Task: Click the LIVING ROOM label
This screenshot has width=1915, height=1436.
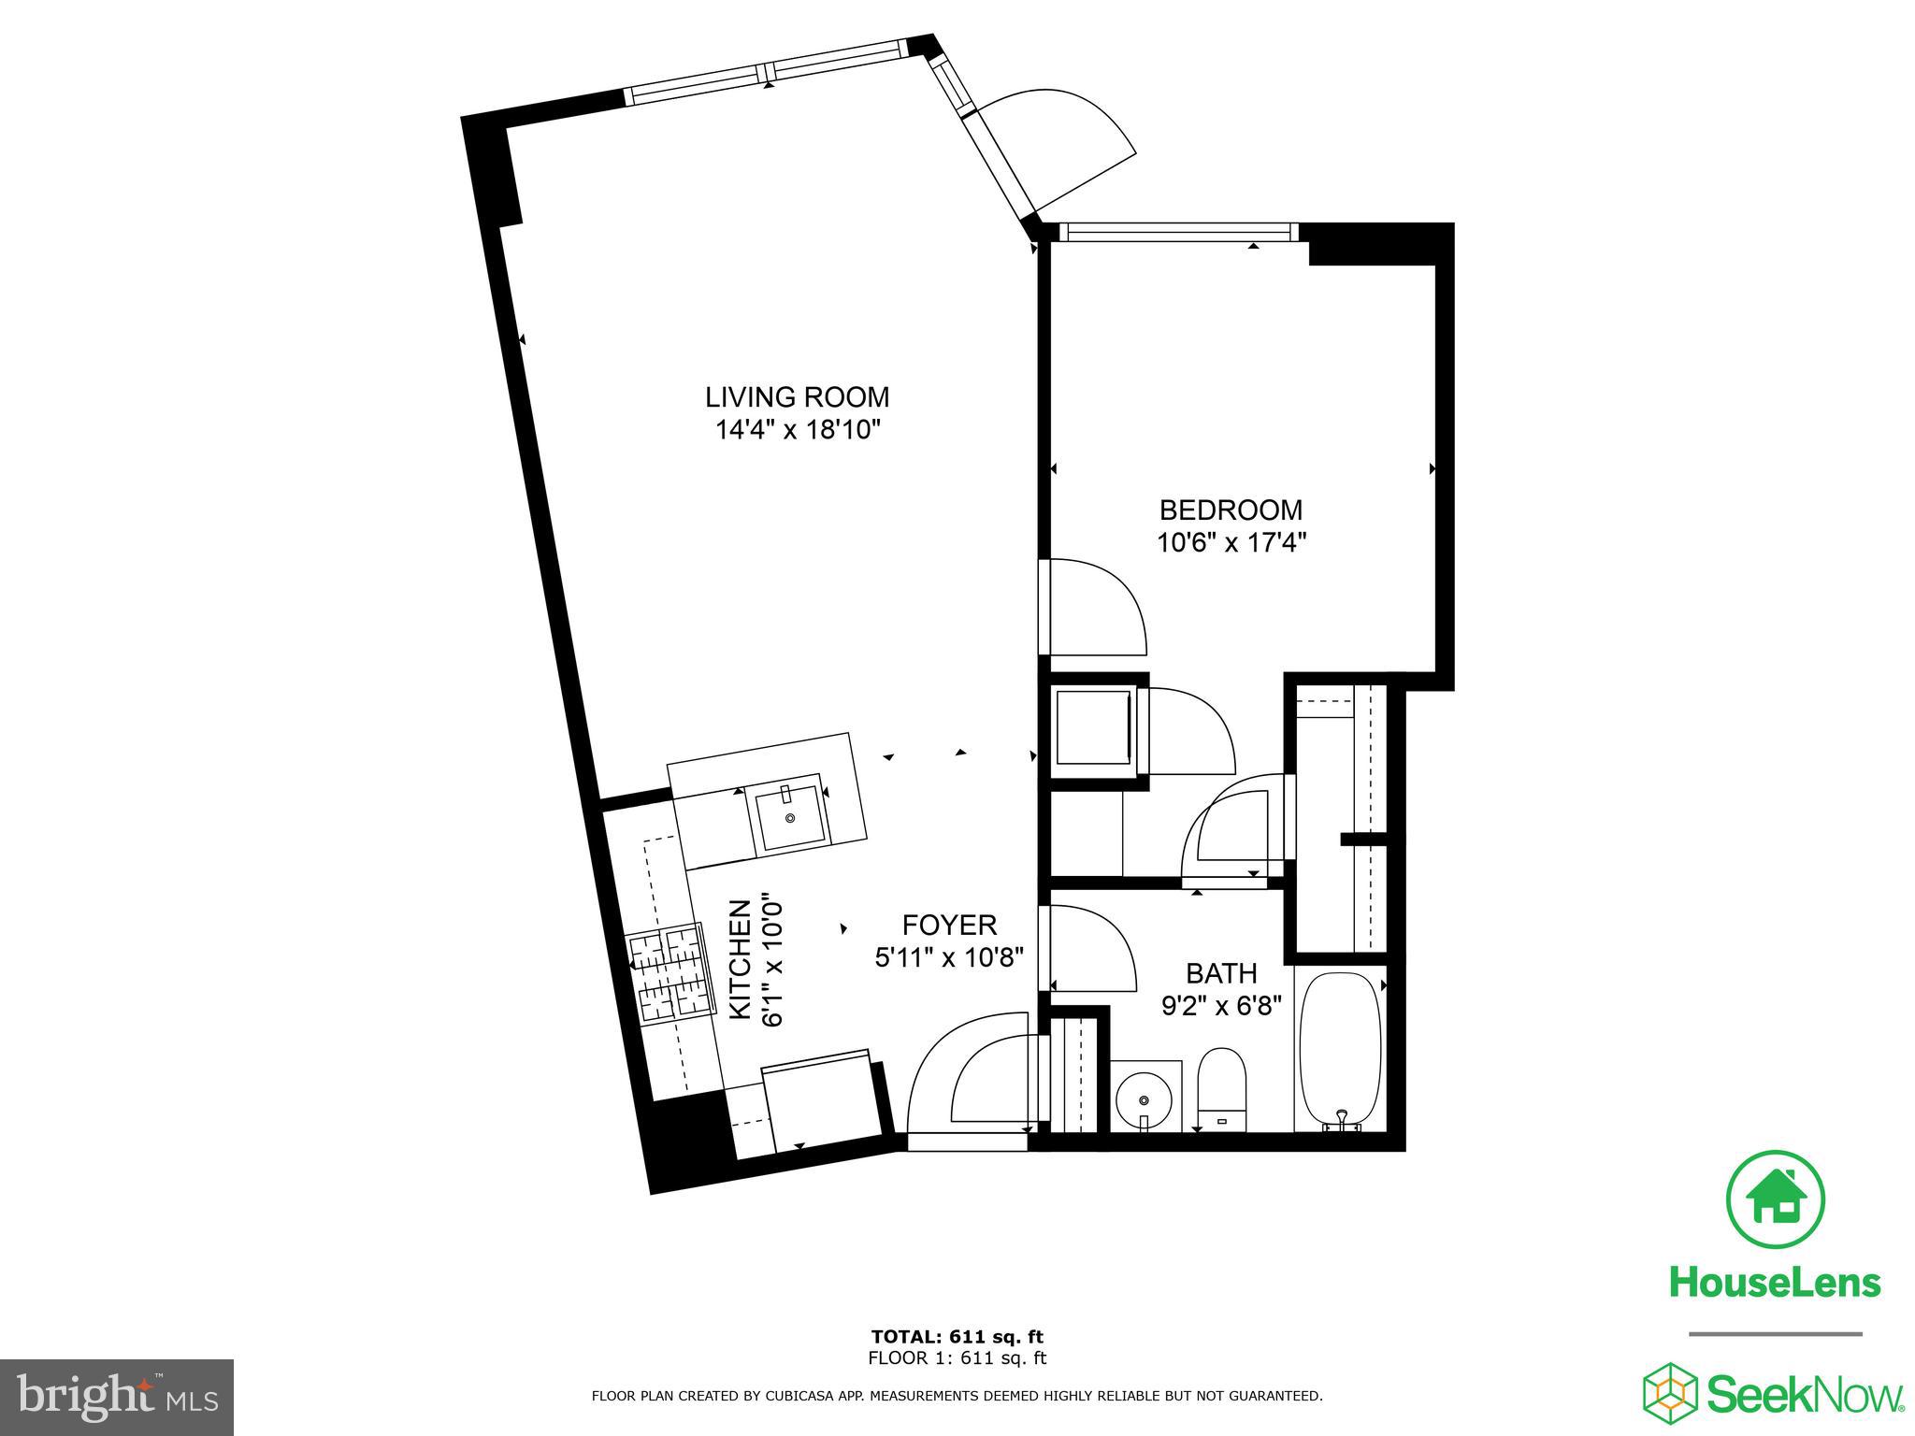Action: coord(797,397)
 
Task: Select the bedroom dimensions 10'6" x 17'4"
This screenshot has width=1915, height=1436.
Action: coord(1231,542)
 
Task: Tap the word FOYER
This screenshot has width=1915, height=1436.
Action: coord(949,926)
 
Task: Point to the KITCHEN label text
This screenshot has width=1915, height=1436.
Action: coord(740,959)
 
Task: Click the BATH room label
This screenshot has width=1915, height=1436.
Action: coord(1221,973)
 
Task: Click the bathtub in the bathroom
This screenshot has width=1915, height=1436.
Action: coord(1339,1053)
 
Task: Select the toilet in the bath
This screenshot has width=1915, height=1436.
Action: coord(1222,1089)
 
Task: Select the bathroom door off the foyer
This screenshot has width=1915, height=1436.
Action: coord(1089,949)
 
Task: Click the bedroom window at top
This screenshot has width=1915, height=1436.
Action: coord(1183,232)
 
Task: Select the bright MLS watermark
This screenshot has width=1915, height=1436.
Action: coord(117,1398)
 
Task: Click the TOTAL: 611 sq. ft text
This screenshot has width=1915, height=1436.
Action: coord(957,1336)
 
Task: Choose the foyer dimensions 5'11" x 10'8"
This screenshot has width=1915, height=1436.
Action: coord(950,957)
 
